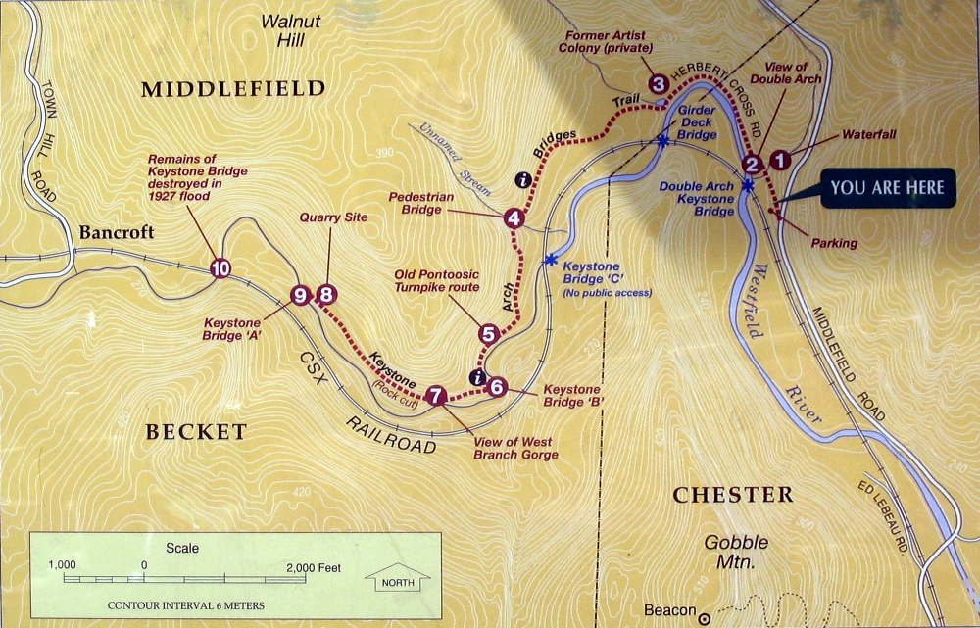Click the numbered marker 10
coord(220,267)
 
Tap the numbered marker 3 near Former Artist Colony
coord(658,84)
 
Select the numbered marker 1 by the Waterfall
coord(780,157)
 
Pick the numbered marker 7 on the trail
coord(437,395)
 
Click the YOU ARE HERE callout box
coord(888,188)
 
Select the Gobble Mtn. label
coord(736,553)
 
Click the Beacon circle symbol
coord(703,618)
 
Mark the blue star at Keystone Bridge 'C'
coord(550,261)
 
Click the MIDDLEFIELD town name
coord(232,89)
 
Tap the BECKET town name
coord(196,432)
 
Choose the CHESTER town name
coord(732,495)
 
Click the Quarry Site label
coord(334,217)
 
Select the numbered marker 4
coord(514,218)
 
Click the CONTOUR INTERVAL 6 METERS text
coord(185,605)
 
